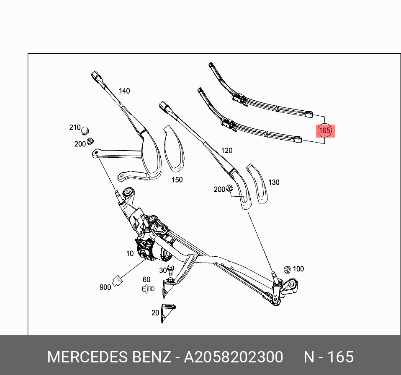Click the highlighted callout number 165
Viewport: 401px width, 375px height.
(324, 130)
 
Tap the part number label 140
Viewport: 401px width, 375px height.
(124, 91)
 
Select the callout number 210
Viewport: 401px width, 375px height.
(75, 127)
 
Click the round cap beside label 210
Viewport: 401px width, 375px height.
(86, 130)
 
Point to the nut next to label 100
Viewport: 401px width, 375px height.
(287, 269)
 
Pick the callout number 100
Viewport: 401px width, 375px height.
(298, 269)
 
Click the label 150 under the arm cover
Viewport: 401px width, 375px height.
(177, 180)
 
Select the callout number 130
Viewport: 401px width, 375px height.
(274, 182)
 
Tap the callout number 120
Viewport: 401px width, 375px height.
(226, 151)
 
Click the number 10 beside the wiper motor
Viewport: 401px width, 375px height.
(130, 253)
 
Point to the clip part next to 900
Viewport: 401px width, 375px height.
(118, 279)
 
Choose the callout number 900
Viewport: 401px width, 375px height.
(105, 287)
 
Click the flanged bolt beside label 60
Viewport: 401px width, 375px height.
(148, 289)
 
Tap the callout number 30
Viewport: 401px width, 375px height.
(163, 271)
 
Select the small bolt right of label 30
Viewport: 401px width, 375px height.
(170, 268)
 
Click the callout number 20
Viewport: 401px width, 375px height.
(155, 312)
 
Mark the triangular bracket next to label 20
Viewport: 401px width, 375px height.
(168, 312)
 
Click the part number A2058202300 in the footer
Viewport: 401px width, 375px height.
(234, 357)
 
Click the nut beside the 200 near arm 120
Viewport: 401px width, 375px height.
(230, 189)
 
